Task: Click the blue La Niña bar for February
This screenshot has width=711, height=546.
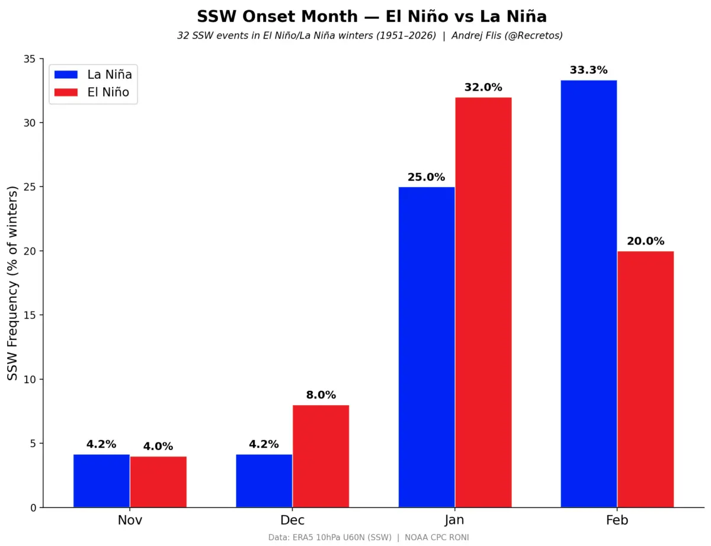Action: pos(588,294)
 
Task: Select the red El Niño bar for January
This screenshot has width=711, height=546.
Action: pos(483,303)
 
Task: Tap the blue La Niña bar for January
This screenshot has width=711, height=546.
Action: pos(427,347)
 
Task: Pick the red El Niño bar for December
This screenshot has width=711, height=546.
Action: pos(321,456)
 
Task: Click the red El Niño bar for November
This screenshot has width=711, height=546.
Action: pos(158,482)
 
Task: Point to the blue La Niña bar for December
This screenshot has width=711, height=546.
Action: pos(264,481)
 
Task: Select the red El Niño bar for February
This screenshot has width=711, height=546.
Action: pos(646,379)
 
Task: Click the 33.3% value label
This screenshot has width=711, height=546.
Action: pos(588,70)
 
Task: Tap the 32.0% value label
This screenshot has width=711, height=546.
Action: pos(483,87)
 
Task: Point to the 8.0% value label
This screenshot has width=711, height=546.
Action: pos(321,395)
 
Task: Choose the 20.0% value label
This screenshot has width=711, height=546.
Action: pos(646,241)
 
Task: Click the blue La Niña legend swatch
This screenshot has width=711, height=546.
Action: pos(66,75)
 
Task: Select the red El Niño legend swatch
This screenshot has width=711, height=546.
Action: pos(66,92)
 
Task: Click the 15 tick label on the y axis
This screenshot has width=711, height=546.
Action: pos(30,315)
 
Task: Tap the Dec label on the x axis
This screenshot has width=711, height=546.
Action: pos(292,520)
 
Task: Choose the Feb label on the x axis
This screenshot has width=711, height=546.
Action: pos(617,520)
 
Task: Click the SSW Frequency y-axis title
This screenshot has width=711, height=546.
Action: pos(12,283)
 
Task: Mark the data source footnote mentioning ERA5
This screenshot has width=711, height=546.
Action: pos(369,538)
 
